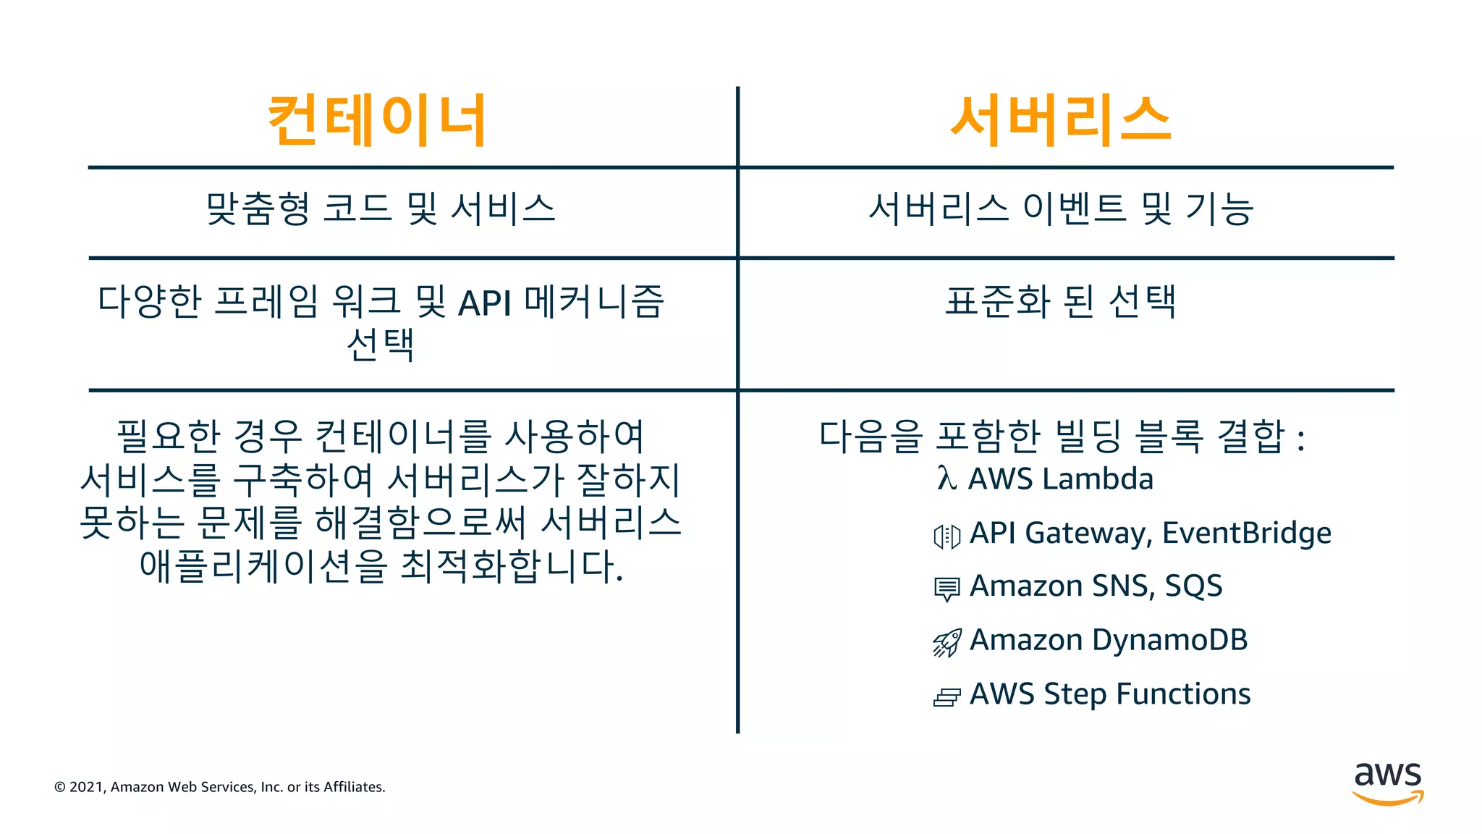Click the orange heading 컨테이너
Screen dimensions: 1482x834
coord(376,121)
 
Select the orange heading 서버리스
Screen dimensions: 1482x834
coord(1060,121)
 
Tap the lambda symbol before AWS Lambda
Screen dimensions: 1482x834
coord(946,479)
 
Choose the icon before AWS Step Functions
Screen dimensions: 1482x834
coord(947,697)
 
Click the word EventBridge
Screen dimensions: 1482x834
coord(1246,534)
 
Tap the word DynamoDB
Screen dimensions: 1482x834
coord(1169,641)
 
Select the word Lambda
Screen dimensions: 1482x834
coord(1097,479)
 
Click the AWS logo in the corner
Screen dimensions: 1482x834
coord(1388,783)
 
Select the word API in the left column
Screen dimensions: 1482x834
coord(485,303)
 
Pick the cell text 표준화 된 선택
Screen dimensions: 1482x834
coord(1061,302)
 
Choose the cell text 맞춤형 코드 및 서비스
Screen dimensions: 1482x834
coord(381,209)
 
